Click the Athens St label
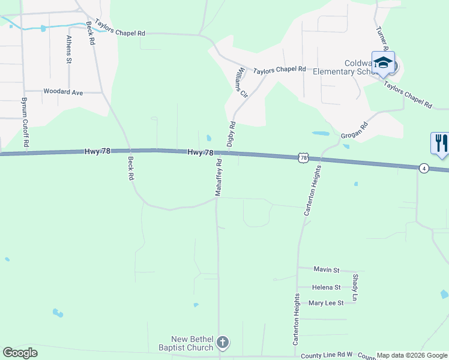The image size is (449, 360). tap(69, 50)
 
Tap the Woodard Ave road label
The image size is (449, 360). tap(63, 92)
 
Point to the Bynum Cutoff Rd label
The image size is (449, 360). tap(25, 123)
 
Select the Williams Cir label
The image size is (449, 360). tap(242, 82)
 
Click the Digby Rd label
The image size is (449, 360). tap(231, 134)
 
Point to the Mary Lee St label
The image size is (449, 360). tap(325, 303)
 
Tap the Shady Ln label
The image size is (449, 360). tap(355, 287)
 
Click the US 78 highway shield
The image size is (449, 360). tap(304, 158)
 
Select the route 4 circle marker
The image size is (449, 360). tap(424, 168)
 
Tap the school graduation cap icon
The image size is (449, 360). tap(383, 62)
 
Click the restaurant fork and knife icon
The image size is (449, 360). tap(440, 143)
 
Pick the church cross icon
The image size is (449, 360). tap(223, 343)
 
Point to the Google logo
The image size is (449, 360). tap(20, 353)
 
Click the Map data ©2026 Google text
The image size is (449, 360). tap(412, 355)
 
